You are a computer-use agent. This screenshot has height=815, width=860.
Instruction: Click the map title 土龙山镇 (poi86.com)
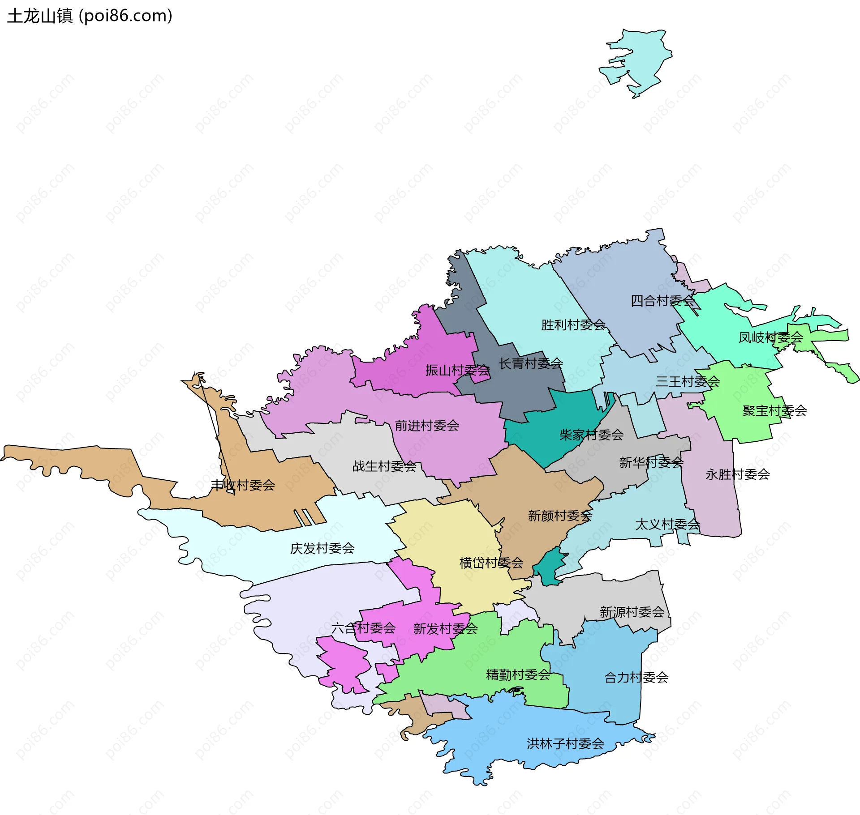pyautogui.click(x=90, y=16)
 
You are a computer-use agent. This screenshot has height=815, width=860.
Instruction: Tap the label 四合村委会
pyautogui.click(x=662, y=301)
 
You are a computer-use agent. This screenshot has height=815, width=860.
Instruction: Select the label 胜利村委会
pyautogui.click(x=573, y=324)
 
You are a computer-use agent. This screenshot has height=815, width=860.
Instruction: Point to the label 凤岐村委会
pyautogui.click(x=770, y=337)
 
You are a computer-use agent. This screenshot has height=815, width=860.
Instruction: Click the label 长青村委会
pyautogui.click(x=531, y=363)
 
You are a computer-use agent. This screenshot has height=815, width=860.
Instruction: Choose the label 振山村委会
pyautogui.click(x=457, y=370)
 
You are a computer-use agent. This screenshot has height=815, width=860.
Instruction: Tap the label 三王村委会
pyautogui.click(x=688, y=381)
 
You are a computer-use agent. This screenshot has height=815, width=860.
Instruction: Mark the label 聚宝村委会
pyautogui.click(x=774, y=410)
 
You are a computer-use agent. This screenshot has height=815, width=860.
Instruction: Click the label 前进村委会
pyautogui.click(x=427, y=425)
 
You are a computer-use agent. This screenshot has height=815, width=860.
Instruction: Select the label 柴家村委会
pyautogui.click(x=591, y=435)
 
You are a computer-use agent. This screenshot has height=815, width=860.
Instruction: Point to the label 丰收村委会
pyautogui.click(x=243, y=485)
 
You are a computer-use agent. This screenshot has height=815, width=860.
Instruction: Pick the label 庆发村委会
pyautogui.click(x=322, y=548)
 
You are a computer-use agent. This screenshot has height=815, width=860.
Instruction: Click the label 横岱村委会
pyautogui.click(x=491, y=563)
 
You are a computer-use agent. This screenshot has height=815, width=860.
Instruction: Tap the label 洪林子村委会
pyautogui.click(x=565, y=744)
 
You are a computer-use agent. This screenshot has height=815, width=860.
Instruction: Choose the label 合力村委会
pyautogui.click(x=636, y=678)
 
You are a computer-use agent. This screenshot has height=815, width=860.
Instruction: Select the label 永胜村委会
pyautogui.click(x=737, y=474)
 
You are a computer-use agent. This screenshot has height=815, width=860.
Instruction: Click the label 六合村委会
pyautogui.click(x=363, y=628)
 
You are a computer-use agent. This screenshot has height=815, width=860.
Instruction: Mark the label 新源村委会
pyautogui.click(x=632, y=612)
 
